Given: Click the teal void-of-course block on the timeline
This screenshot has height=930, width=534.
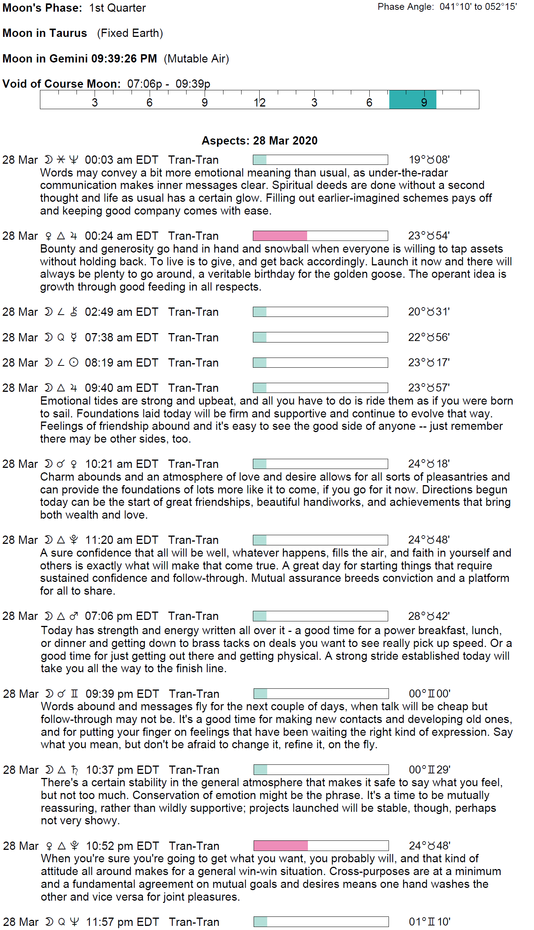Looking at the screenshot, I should (412, 100).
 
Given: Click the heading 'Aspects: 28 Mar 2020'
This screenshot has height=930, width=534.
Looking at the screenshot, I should (259, 141).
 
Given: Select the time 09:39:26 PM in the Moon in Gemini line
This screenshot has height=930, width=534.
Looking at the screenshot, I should (124, 59).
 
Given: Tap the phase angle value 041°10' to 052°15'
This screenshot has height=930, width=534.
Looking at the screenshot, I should (478, 7).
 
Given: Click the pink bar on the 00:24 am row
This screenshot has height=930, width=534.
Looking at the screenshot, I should (280, 236).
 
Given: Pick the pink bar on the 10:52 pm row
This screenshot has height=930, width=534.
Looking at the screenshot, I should (281, 846).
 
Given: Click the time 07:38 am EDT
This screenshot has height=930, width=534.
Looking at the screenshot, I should (121, 338).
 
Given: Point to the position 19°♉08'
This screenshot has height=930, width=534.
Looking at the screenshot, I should (429, 160).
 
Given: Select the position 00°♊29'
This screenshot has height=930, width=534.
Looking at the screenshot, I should (429, 770).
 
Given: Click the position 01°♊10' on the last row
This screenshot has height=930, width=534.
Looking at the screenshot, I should (429, 922).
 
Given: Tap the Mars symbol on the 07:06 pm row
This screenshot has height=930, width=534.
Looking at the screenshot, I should (74, 616).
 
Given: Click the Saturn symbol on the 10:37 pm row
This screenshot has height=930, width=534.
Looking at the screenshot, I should (75, 770).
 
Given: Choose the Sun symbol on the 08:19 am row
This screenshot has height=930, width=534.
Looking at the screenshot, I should (74, 362).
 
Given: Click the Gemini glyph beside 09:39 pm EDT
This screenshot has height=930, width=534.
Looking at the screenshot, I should (75, 694).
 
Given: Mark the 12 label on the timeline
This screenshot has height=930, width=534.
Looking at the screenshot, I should (259, 102).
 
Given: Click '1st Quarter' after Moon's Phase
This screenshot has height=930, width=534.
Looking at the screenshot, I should (117, 8).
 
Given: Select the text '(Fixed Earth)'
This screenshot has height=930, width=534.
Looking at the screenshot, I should (130, 33).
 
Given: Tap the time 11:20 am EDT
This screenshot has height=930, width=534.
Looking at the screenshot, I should (121, 540).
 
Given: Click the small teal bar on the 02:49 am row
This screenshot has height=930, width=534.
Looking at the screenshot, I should (260, 312).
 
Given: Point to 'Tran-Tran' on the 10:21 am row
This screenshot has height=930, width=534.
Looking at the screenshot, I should (193, 464).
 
